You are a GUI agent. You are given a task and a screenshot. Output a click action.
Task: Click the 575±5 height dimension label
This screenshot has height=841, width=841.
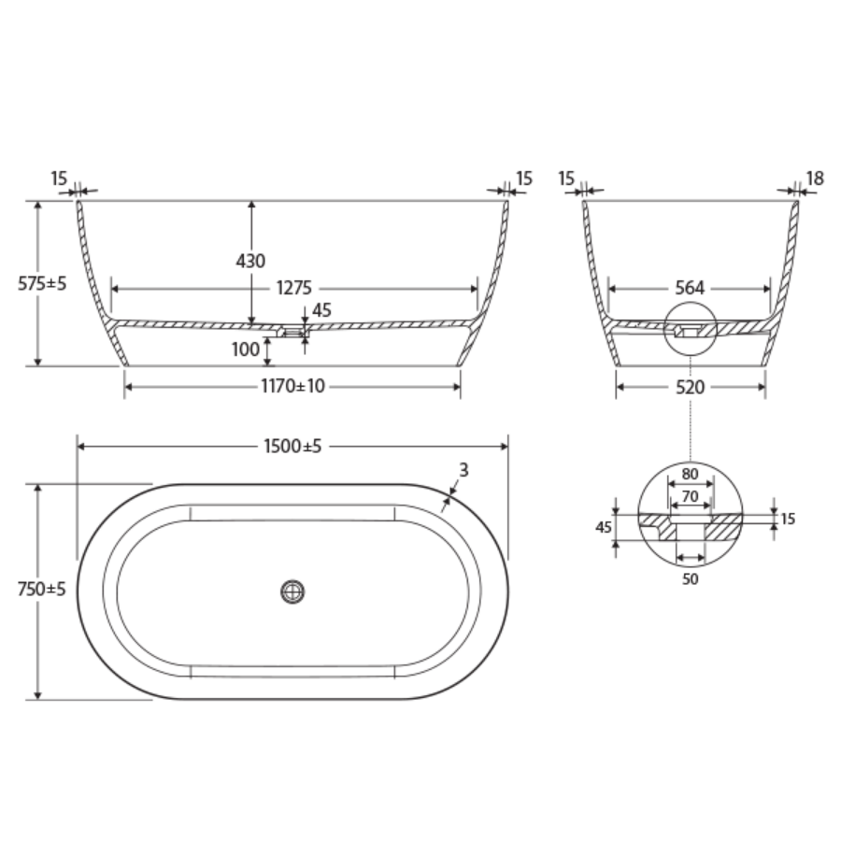point(41,284)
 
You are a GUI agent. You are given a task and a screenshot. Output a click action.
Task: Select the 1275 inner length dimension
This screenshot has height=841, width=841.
point(292,288)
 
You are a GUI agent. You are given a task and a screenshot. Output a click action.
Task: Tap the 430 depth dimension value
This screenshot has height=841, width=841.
point(250,261)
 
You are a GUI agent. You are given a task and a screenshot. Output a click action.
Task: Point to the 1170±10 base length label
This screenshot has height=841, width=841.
point(292,387)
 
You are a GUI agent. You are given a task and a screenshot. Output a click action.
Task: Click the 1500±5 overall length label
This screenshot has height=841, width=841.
point(292,447)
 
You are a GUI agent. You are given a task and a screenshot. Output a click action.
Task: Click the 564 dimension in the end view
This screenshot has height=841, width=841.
point(690,288)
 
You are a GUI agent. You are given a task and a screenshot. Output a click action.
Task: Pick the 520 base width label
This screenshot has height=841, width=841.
point(690,387)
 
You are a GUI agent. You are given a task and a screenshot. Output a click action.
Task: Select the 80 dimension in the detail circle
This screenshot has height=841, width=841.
point(690,474)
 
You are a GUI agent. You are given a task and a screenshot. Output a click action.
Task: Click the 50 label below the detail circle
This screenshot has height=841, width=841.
point(690,577)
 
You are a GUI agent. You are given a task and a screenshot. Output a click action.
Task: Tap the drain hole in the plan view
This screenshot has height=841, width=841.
point(292,591)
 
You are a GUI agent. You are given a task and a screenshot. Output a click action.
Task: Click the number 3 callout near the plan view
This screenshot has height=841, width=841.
point(463,470)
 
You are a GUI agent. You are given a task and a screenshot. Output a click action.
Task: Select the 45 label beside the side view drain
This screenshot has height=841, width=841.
point(321,310)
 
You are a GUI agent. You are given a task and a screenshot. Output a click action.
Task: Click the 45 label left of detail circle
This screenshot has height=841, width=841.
point(603,527)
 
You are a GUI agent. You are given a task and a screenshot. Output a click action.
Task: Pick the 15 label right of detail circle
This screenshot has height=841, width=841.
point(788,519)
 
